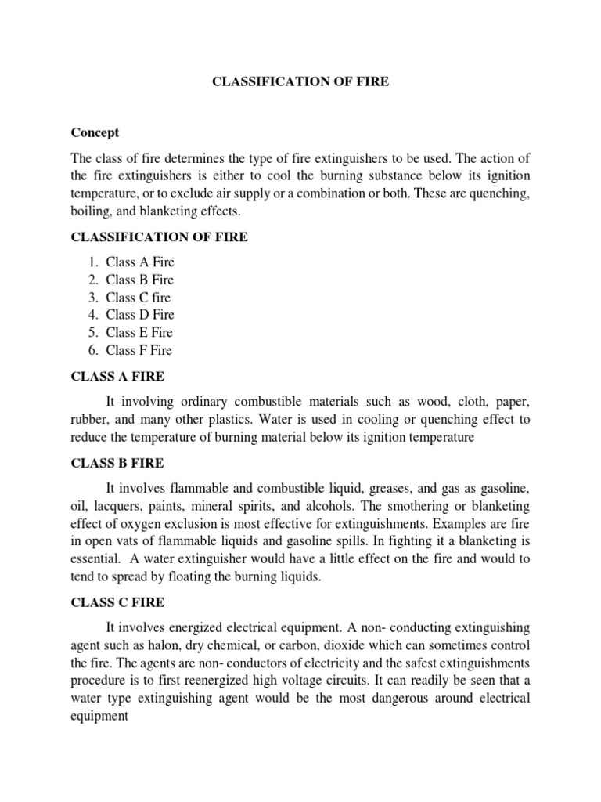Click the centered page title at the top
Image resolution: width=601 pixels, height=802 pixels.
click(x=300, y=81)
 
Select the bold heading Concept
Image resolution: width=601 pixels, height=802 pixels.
click(x=95, y=133)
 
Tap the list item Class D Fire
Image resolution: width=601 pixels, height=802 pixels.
click(x=140, y=315)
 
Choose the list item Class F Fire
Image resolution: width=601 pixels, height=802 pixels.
click(x=139, y=350)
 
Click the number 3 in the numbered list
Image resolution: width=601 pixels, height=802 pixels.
click(x=92, y=298)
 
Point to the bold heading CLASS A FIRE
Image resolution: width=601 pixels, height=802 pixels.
click(x=117, y=377)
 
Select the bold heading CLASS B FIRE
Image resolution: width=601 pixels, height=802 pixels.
click(x=117, y=464)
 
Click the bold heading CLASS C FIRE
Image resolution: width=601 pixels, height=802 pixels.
click(x=117, y=603)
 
